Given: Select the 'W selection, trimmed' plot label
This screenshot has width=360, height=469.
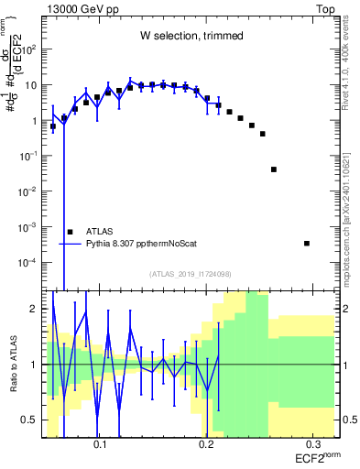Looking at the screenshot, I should click(191, 36).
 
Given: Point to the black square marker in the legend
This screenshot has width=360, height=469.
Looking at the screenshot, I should click(70, 232).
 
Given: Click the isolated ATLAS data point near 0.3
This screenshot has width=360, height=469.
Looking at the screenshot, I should click(307, 243).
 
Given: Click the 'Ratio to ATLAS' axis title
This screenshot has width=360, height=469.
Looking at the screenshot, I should click(12, 364).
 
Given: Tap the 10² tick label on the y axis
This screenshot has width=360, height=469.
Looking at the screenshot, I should click(31, 49).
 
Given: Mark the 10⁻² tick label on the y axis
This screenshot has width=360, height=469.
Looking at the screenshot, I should click(30, 191).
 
